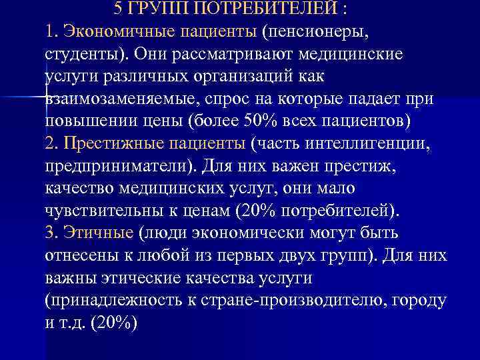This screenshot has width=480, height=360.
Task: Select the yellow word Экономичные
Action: point(113,31)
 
